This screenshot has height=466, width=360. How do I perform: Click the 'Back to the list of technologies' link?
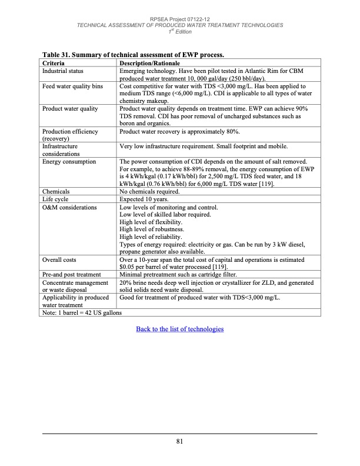point(179,329)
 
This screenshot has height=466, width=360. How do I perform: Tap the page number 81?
point(180,443)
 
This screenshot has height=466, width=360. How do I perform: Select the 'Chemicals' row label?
point(56,192)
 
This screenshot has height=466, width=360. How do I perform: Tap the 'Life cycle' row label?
point(55,199)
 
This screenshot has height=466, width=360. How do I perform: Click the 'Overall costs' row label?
point(59,259)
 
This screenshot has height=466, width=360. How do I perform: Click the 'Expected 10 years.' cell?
point(145,199)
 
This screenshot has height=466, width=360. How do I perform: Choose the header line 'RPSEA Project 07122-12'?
point(180,19)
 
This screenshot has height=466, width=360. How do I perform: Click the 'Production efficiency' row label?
point(70,131)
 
